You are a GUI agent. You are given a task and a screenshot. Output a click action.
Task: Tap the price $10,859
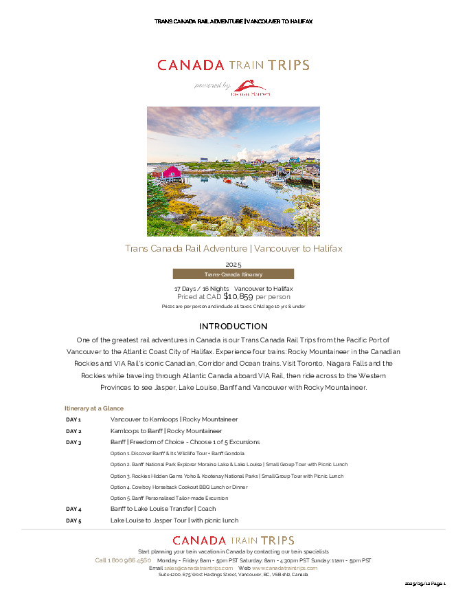tap(238, 297)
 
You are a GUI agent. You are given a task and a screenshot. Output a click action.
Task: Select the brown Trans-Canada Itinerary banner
tap(233, 274)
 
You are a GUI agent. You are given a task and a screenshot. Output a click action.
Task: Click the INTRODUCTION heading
tap(233, 326)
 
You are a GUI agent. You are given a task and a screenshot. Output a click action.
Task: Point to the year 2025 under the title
tap(233, 264)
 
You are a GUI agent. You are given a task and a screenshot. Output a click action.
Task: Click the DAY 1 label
tap(73, 419)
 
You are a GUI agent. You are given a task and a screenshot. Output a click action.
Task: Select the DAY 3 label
tap(73, 442)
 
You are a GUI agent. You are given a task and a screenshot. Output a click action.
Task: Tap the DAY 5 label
tap(73, 520)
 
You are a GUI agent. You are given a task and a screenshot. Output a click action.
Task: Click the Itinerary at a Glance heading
tap(93, 408)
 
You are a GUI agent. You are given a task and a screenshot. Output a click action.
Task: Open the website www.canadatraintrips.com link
tap(284, 568)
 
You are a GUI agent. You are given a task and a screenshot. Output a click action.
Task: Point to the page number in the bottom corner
tap(426, 584)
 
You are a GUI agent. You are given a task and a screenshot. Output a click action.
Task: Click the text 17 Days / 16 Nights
tap(201, 288)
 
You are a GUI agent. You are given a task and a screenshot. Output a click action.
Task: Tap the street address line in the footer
tap(233, 575)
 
